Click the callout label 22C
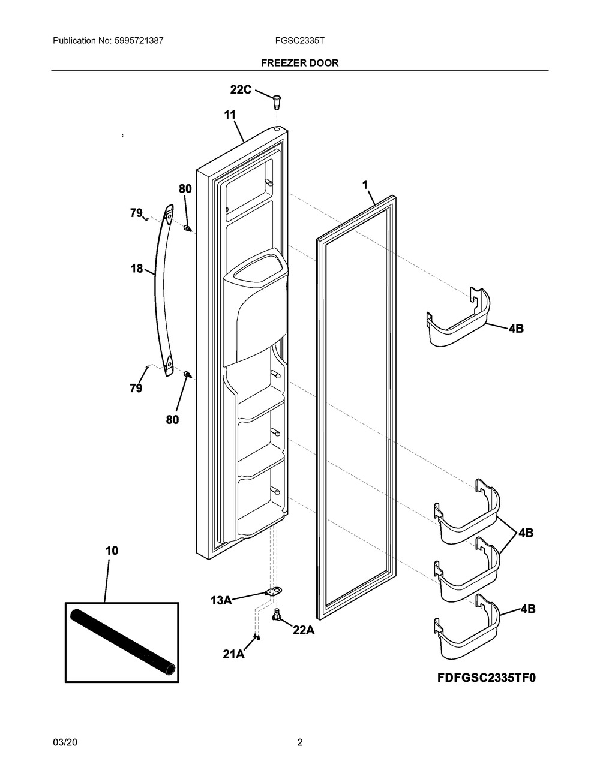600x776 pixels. click(x=241, y=89)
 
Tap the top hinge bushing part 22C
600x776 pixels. click(x=277, y=102)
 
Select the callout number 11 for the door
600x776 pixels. click(x=230, y=115)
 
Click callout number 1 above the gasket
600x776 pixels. click(x=365, y=185)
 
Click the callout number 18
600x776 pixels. click(x=137, y=269)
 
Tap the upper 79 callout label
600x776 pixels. click(x=136, y=213)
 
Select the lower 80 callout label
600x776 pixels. click(x=172, y=419)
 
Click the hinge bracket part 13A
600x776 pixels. click(x=274, y=592)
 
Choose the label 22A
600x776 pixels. click(x=304, y=631)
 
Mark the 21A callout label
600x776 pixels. click(x=233, y=654)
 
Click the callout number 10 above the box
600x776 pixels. click(x=112, y=551)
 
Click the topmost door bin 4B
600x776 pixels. click(x=458, y=317)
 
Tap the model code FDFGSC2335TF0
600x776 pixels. click(x=487, y=678)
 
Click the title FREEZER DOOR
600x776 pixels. click(x=299, y=63)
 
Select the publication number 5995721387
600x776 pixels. click(x=139, y=41)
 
